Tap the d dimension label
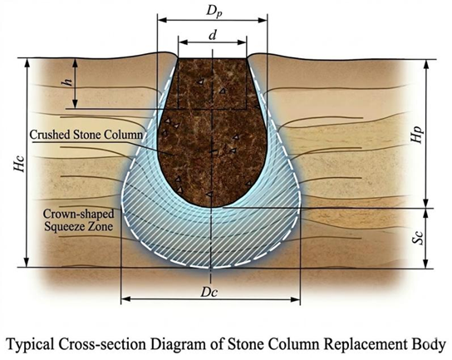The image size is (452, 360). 213,35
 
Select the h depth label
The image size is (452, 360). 67,83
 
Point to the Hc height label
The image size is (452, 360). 21,164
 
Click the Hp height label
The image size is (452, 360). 418,134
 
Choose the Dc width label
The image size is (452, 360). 209,292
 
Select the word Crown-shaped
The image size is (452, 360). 78,215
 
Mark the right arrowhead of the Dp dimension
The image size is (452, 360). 263,20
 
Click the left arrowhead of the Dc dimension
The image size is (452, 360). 125,299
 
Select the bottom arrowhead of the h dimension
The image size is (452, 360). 75,104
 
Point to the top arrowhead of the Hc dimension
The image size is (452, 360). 27,63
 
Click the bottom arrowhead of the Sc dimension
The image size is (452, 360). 426,264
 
